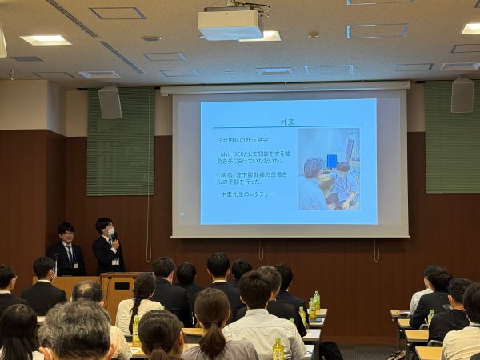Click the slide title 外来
(x=287, y=122)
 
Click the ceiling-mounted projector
(x=230, y=24)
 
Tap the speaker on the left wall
(x=110, y=102)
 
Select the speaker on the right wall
(x=462, y=95)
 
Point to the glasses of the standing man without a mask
(x=66, y=235)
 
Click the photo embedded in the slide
(x=328, y=168)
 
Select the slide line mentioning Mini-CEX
(x=252, y=156)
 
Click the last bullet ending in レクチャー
(x=245, y=194)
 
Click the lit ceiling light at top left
(x=46, y=39)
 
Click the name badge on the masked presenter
(x=115, y=261)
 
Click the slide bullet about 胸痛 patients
(x=252, y=178)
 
